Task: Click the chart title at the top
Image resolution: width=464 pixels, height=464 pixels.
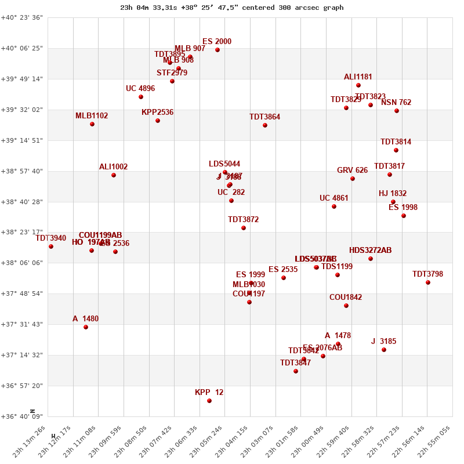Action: coord(232,8)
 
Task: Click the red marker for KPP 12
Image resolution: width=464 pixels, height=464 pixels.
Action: coord(209,401)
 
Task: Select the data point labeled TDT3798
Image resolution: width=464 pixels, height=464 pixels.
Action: coord(428,282)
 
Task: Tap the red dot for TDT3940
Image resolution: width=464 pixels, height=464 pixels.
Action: coord(51,246)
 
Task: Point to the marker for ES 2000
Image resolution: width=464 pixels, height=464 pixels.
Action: coord(217,50)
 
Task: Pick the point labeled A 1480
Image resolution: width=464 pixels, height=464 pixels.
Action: coord(86,327)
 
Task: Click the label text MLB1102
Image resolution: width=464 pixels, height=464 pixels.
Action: coord(92,116)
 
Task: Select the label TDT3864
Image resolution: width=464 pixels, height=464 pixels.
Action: coord(264,117)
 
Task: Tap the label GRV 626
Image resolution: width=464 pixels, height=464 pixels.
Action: coord(352,171)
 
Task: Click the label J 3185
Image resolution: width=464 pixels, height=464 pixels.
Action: coord(383,342)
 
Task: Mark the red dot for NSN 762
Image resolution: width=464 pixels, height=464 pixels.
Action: coord(397,111)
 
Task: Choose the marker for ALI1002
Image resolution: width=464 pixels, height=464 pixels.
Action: coord(114,175)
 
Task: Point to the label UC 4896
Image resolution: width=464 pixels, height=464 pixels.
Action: coord(140,89)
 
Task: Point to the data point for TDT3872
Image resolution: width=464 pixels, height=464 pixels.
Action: coord(244,228)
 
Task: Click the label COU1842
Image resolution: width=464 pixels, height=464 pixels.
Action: coord(346,298)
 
